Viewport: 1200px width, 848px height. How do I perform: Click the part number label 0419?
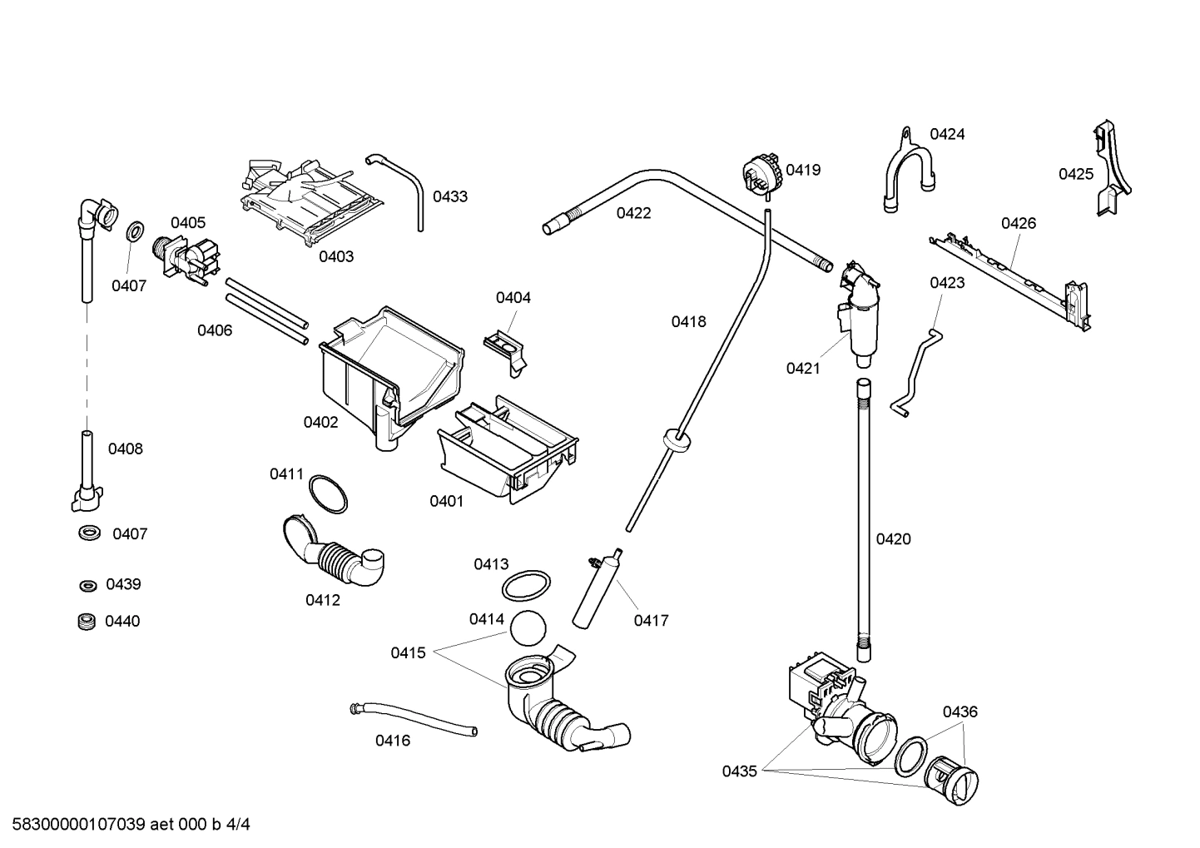pos(803,170)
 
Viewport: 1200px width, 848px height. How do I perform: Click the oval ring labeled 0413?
pos(526,585)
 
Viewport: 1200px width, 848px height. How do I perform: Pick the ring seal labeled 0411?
pos(328,494)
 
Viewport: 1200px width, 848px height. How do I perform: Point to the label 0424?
pos(947,134)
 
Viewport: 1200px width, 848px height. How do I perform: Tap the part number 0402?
pos(320,422)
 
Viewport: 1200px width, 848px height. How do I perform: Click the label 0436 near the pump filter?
pos(960,712)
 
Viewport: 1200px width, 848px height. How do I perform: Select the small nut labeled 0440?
pos(84,621)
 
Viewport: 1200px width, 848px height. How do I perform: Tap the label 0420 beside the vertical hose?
pos(893,539)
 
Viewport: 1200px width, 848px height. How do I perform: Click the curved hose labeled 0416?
pos(414,717)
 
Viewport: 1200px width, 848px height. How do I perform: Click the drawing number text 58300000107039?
pos(75,825)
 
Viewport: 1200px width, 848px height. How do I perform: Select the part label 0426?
pos(1018,223)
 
